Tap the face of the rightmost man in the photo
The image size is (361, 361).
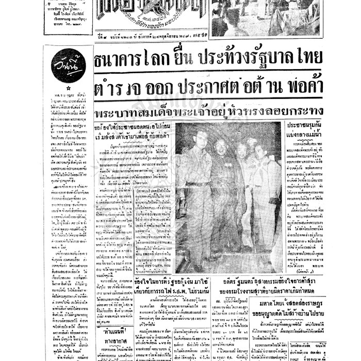pyautogui.click(x=259, y=150)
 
